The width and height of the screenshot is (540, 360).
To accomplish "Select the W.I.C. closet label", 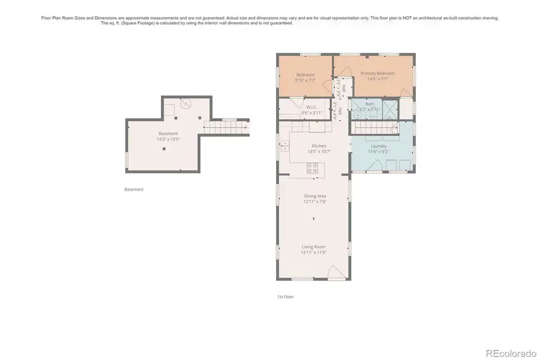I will coord(311,107).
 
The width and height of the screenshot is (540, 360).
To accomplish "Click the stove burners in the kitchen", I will coord(312,169).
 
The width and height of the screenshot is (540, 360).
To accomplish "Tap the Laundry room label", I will coord(379,146).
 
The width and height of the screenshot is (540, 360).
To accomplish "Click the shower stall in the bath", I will coord(390,109).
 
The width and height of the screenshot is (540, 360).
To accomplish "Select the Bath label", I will coord(370,104).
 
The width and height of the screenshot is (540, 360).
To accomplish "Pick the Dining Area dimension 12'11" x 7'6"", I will coord(314,202).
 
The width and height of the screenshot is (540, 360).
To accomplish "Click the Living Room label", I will coord(313,247).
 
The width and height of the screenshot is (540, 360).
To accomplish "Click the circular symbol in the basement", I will coord(187,104).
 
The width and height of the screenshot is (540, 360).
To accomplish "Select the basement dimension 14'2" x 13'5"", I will coord(168,139).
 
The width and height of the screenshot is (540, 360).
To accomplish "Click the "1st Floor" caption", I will coord(285,296).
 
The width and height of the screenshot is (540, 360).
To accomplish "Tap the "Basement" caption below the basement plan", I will coord(134,190).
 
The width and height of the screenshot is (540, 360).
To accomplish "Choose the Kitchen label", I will coord(319,146).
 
